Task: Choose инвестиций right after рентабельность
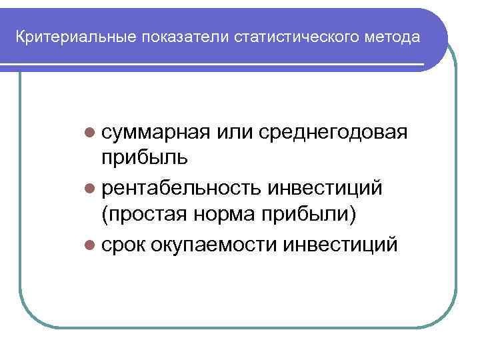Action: pyautogui.click(x=325, y=189)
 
